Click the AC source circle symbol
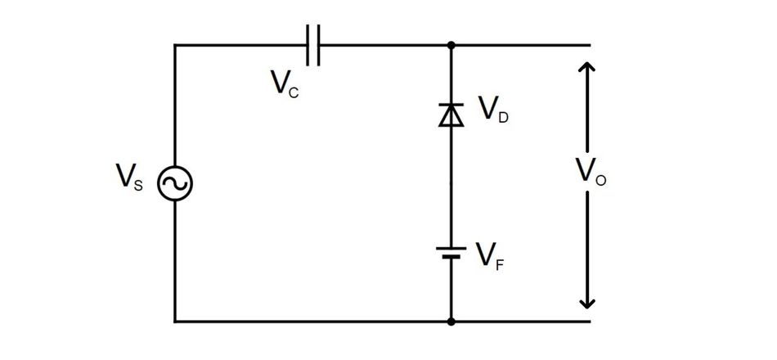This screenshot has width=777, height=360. [x=175, y=184]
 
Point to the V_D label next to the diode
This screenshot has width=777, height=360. [x=492, y=110]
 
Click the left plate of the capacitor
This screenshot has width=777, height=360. [x=308, y=45]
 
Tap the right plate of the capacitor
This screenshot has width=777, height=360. [x=320, y=45]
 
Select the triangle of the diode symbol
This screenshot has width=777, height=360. [x=451, y=117]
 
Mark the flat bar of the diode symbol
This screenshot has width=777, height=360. [x=451, y=106]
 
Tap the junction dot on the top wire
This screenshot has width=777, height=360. [x=451, y=45]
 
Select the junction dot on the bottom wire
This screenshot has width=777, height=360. [x=451, y=322]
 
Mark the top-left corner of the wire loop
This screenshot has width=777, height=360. [x=175, y=45]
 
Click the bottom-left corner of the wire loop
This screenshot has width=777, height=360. [x=175, y=322]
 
